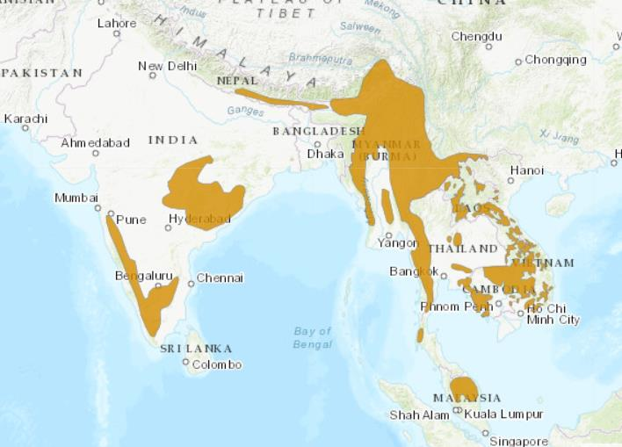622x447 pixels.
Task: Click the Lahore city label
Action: pos(117,23)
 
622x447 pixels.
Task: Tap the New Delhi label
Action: pos(167,67)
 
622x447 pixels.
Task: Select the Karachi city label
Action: pos(26,118)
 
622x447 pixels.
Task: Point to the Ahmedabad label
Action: pos(95,142)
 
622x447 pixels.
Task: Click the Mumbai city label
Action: pos(76,198)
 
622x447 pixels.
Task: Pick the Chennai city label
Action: pos(220,278)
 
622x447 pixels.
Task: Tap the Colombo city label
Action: pos(216,364)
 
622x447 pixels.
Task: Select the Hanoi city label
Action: pos(526,169)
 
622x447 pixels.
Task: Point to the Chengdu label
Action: pos(477,36)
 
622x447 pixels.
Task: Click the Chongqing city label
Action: pos(555,60)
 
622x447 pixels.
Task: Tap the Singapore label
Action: pos(519,441)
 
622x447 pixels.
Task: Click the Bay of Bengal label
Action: pos(313,337)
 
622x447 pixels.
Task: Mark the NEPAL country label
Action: pos(236,81)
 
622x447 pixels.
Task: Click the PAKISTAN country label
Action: pos(41,72)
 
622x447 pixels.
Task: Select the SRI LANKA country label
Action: pos(195,349)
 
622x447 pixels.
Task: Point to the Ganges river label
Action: pos(245,112)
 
